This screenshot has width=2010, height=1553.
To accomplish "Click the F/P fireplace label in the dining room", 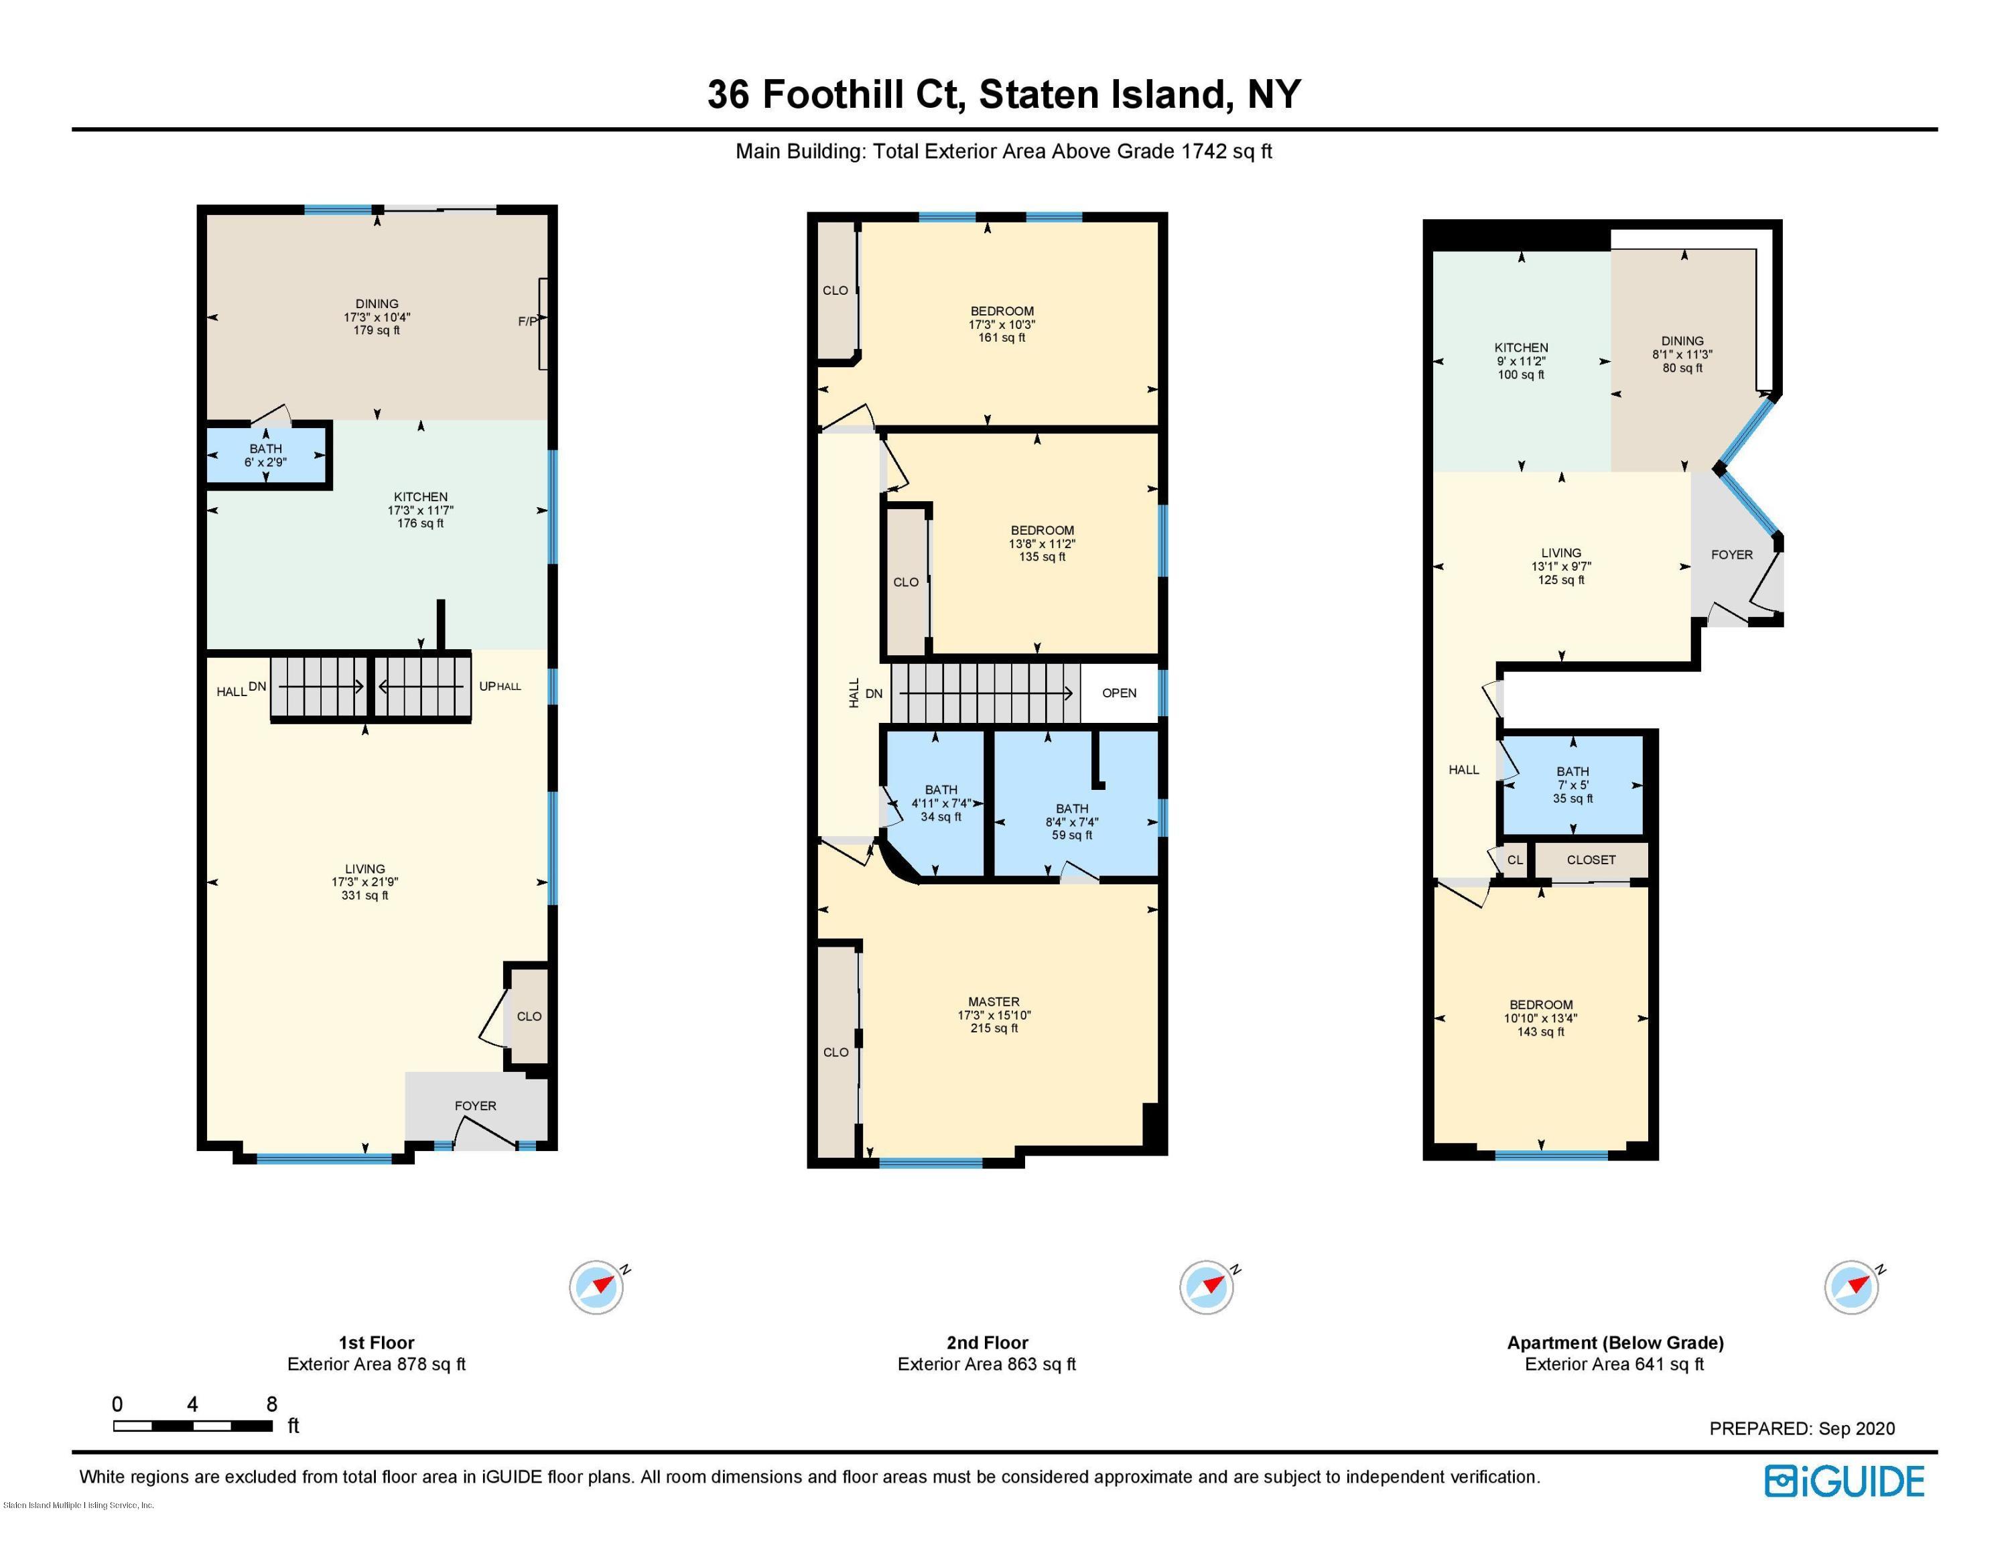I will click(x=527, y=321).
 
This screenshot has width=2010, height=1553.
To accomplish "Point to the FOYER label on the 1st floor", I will click(x=475, y=1106).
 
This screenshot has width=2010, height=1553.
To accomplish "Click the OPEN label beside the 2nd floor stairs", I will click(x=1119, y=693).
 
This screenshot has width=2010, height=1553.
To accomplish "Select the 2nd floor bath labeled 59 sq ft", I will click(x=1072, y=821).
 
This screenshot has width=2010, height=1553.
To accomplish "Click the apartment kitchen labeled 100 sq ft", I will click(x=1520, y=360).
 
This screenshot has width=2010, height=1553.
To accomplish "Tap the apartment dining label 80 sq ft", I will click(x=1682, y=354).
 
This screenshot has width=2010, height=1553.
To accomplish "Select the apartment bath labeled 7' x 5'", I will click(x=1573, y=785).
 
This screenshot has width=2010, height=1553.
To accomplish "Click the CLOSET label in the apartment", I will click(x=1591, y=860).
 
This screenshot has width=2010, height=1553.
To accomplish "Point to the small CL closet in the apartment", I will click(x=1515, y=860).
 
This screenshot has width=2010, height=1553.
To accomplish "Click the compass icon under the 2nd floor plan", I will click(x=1207, y=1287).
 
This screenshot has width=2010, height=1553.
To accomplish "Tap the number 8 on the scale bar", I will click(x=271, y=1404).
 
